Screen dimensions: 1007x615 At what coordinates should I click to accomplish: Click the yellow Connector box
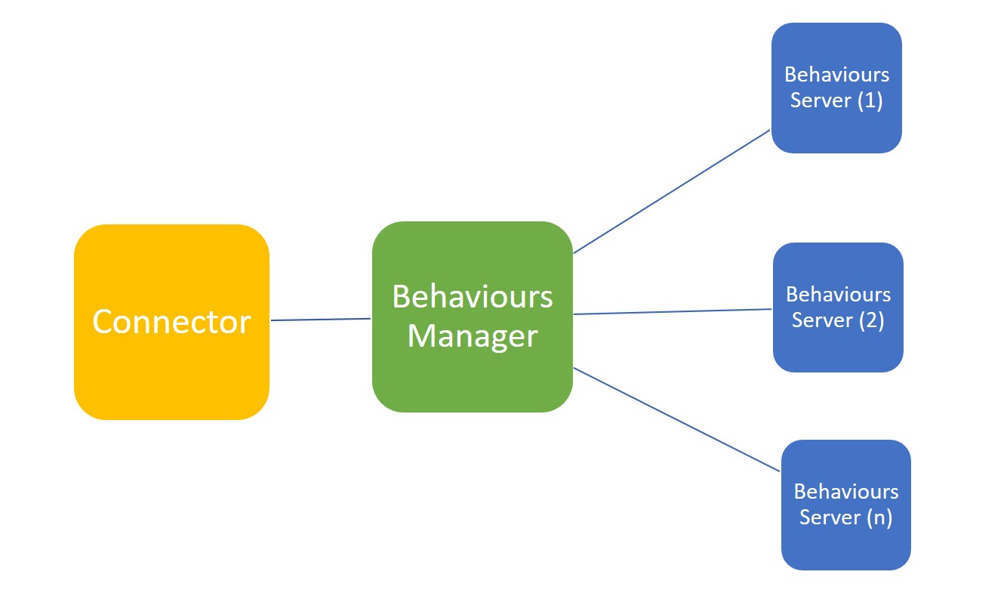171,322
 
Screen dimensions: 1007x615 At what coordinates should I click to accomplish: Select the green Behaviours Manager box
473,317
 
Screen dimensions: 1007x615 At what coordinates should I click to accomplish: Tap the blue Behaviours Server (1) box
836,88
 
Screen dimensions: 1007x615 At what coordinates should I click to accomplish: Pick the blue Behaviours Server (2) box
839,307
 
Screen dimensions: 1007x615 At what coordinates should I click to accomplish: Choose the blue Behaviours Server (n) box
846,505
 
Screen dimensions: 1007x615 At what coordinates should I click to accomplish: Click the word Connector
171,322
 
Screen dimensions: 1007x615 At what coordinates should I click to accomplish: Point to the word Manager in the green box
473,336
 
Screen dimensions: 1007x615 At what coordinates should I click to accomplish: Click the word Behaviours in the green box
473,297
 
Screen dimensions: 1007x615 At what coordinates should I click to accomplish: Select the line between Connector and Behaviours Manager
321,320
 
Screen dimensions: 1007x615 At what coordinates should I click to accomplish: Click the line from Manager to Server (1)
672,192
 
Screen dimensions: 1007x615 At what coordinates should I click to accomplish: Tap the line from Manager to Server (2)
673,312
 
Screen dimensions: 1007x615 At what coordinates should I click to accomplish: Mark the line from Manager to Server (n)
677,420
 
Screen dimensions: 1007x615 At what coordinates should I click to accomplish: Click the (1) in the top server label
870,100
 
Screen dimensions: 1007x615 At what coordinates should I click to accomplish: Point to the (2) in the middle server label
872,320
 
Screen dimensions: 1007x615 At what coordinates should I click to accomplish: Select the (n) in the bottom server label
879,518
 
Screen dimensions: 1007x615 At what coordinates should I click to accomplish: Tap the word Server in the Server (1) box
821,100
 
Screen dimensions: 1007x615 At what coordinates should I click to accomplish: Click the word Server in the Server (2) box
823,320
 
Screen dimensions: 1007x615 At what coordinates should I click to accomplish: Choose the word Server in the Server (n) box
830,518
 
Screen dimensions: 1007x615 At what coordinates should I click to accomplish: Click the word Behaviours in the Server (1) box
836,75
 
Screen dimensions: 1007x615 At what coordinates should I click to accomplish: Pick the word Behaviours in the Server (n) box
846,492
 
